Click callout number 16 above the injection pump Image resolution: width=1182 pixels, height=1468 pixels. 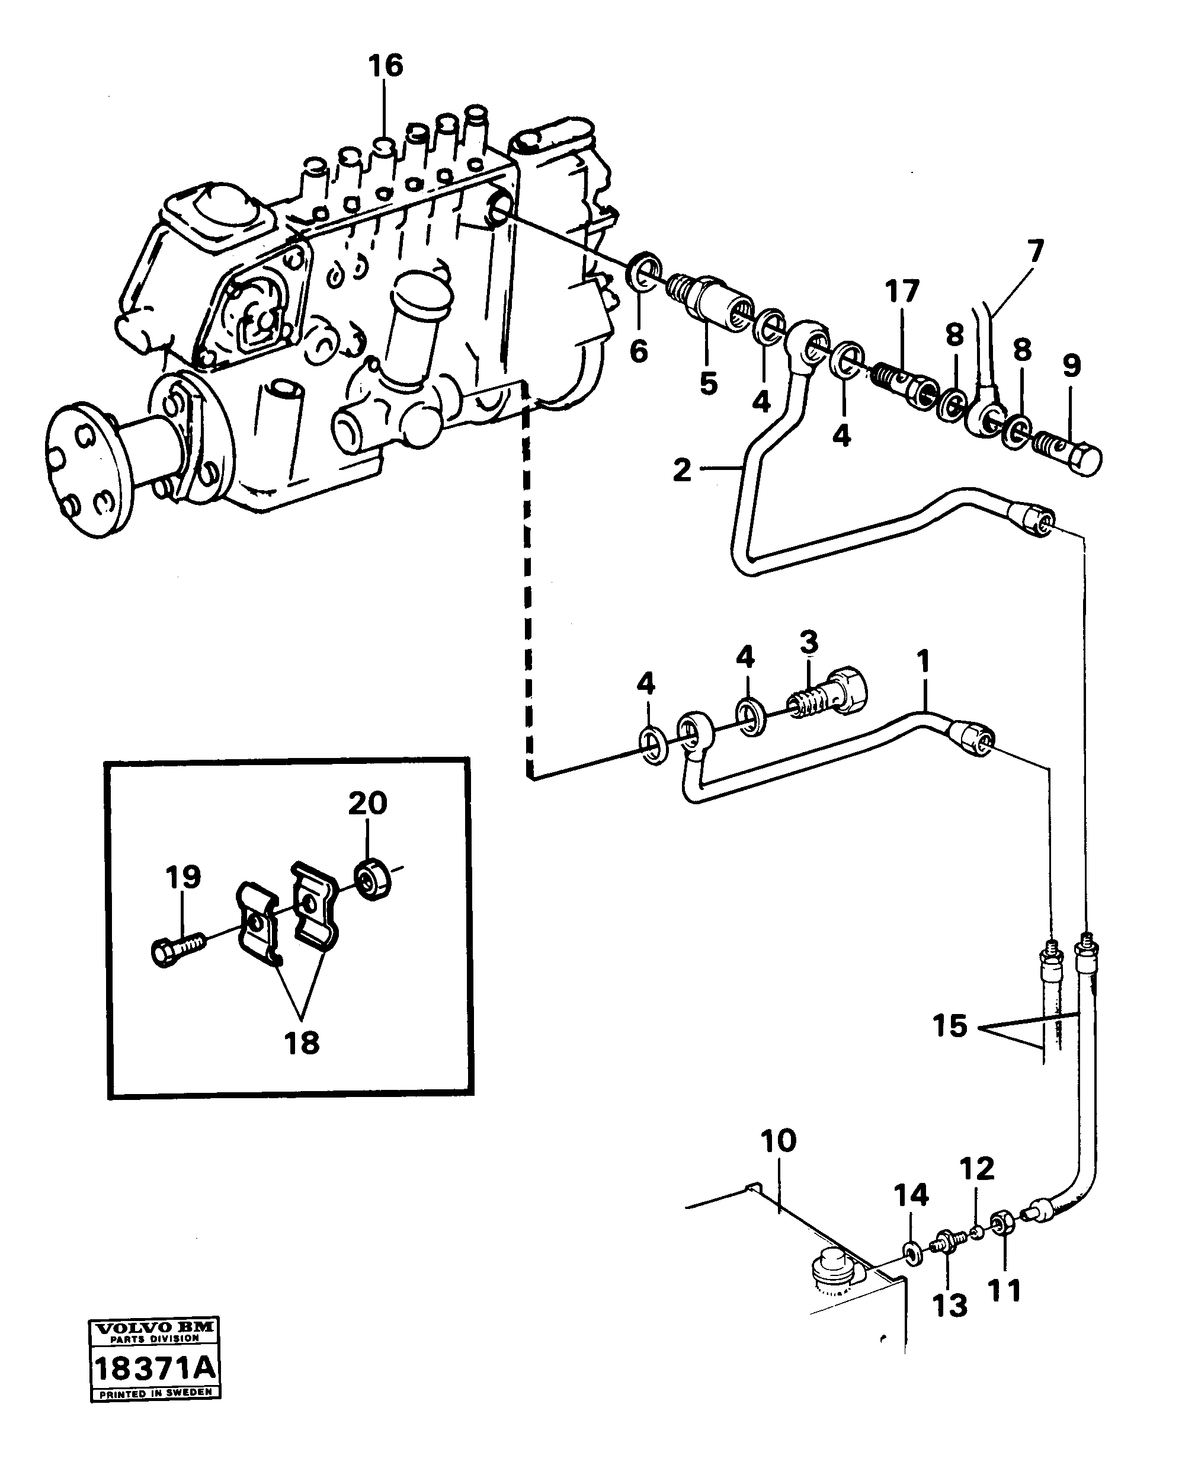(385, 66)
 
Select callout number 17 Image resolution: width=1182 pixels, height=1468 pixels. (902, 292)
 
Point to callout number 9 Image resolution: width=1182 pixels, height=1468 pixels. (1071, 366)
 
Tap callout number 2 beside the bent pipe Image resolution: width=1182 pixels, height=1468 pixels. (681, 470)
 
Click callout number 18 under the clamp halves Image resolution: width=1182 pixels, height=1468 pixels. (301, 1042)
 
